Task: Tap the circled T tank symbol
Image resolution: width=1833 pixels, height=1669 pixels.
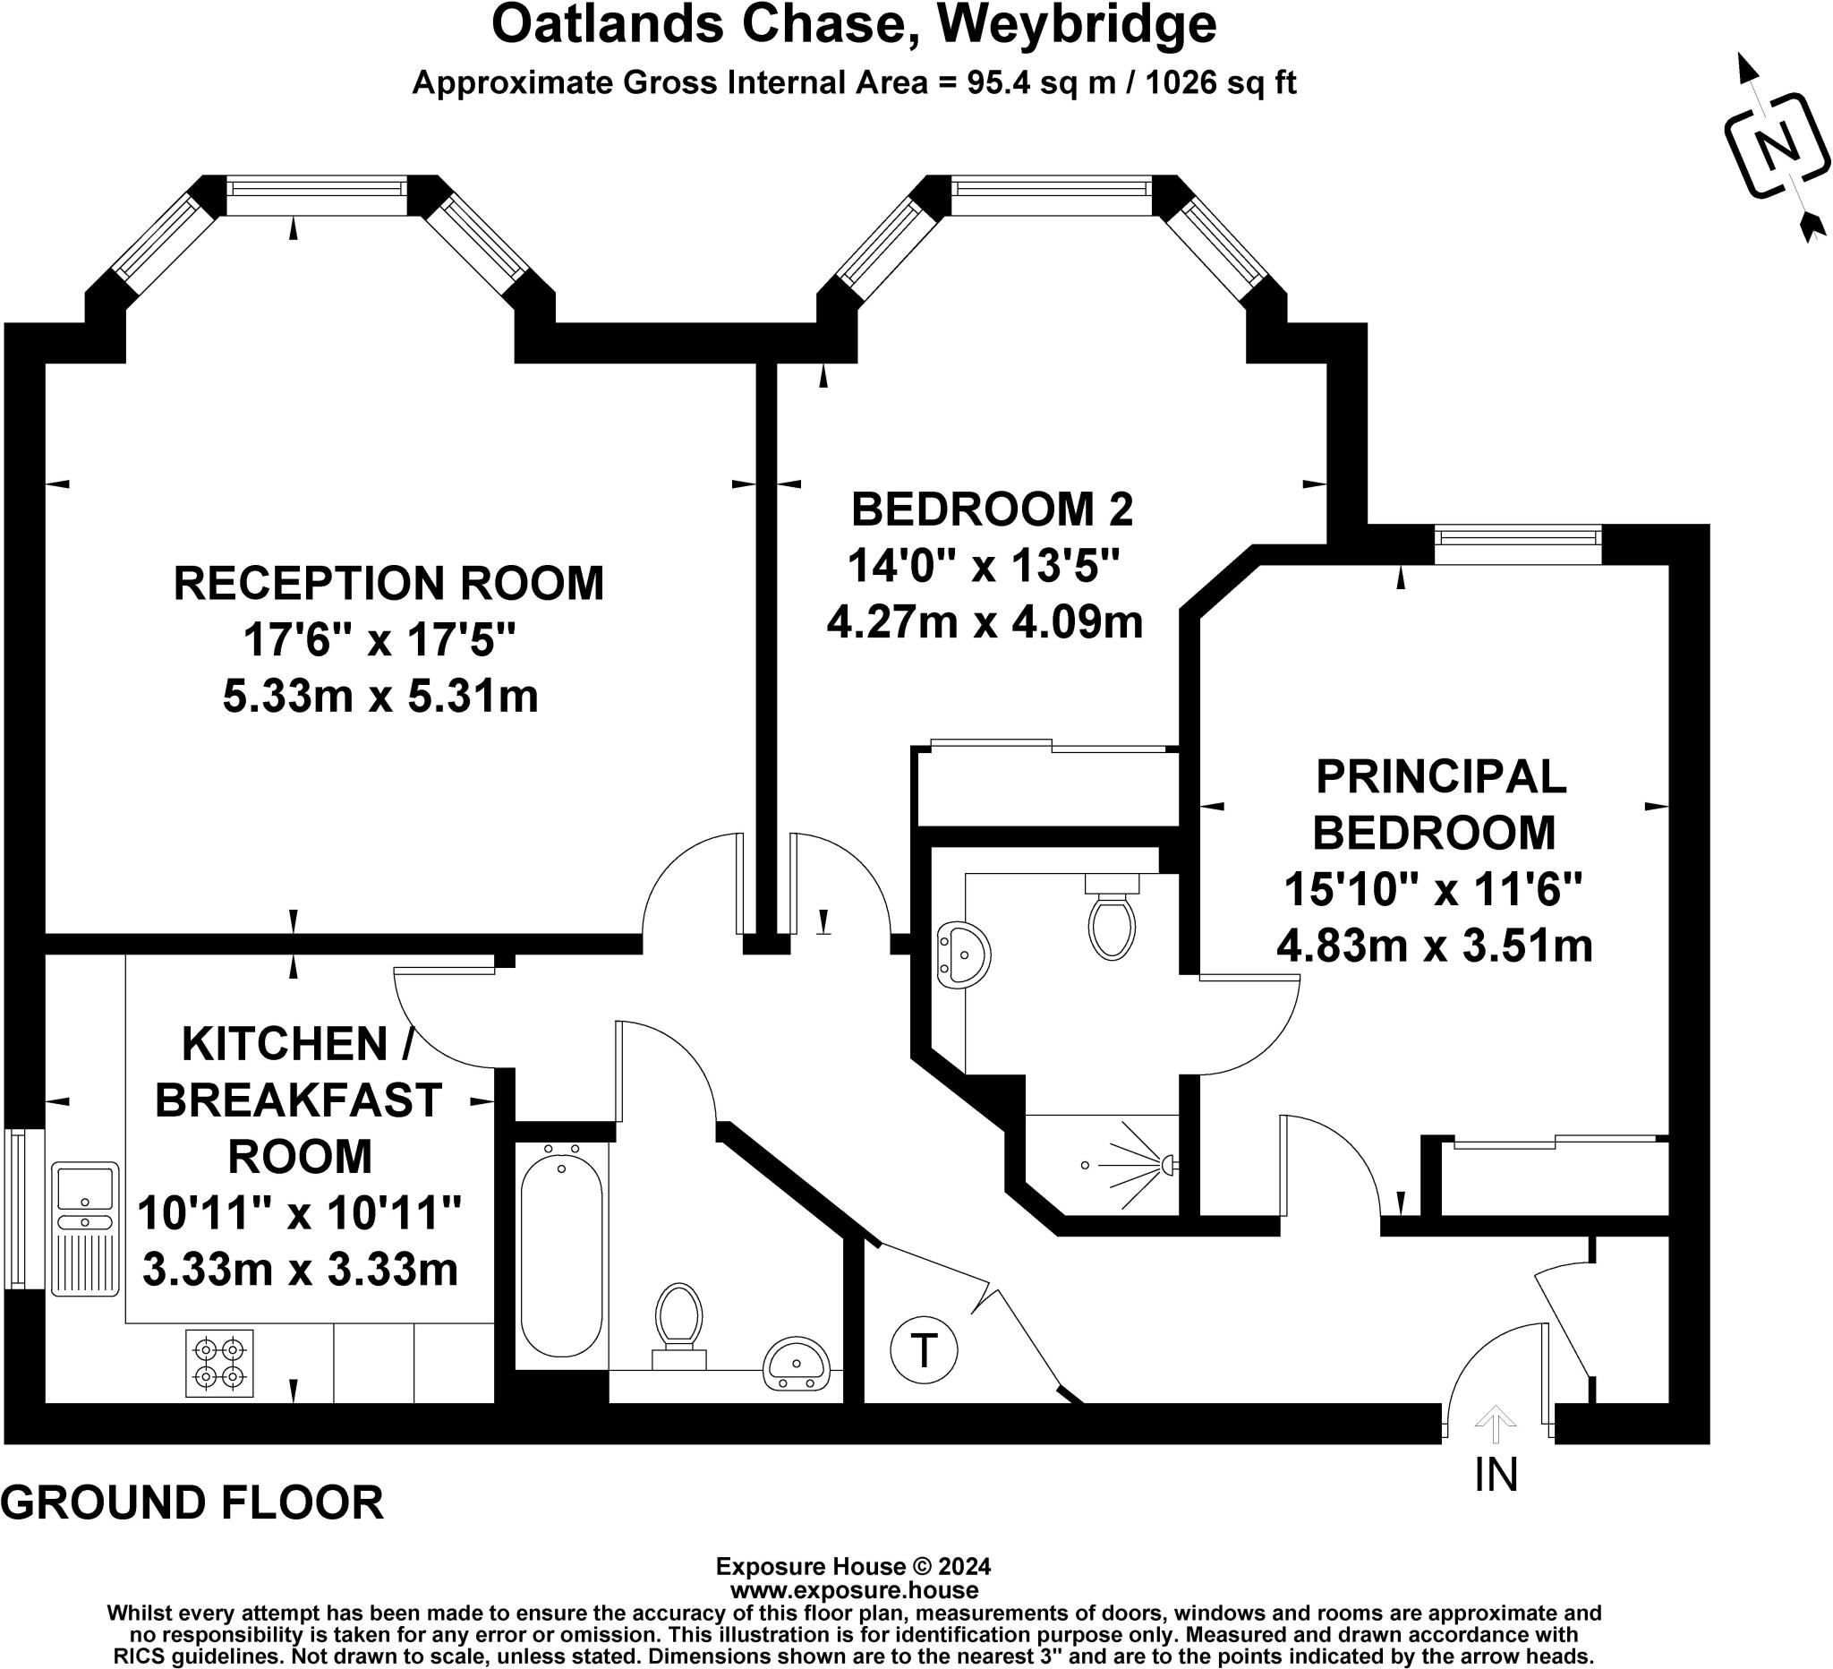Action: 924,1350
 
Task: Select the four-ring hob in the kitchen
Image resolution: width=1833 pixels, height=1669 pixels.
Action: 220,1364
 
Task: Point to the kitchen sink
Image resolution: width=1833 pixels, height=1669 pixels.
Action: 84,1228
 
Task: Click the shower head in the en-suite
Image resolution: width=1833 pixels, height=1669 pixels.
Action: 1167,1163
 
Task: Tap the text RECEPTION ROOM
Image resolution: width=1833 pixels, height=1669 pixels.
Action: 388,583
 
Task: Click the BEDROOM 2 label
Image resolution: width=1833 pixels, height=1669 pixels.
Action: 992,509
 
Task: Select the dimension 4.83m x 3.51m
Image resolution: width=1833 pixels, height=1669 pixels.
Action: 1435,946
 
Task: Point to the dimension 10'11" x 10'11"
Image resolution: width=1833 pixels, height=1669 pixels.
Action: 299,1212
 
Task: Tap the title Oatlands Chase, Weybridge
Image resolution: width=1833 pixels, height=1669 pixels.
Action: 854,24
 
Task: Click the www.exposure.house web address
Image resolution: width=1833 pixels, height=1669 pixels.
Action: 854,1591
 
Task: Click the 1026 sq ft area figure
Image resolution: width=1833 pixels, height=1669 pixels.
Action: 1220,82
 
